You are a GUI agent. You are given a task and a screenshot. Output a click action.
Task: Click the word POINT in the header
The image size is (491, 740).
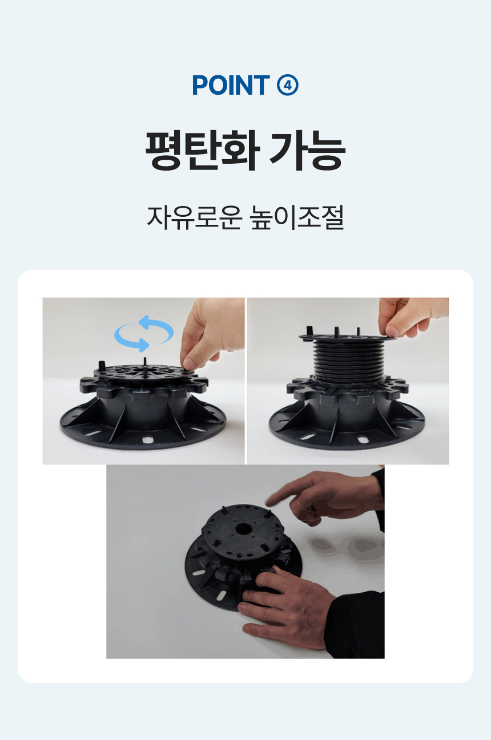pyautogui.click(x=231, y=85)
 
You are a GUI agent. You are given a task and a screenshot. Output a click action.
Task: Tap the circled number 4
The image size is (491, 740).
pyautogui.click(x=287, y=85)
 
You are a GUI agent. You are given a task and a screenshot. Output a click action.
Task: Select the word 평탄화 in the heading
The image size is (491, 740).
pyautogui.click(x=202, y=151)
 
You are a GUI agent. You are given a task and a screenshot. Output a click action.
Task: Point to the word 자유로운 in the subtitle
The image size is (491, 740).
pyautogui.click(x=195, y=217)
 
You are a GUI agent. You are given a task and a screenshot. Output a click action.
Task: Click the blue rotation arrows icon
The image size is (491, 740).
pyautogui.click(x=144, y=333)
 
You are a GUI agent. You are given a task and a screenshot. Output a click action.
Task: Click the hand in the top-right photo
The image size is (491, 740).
pyautogui.click(x=411, y=317)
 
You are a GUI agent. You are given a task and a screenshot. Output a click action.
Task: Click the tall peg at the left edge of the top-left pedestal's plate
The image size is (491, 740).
pyautogui.click(x=102, y=366)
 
